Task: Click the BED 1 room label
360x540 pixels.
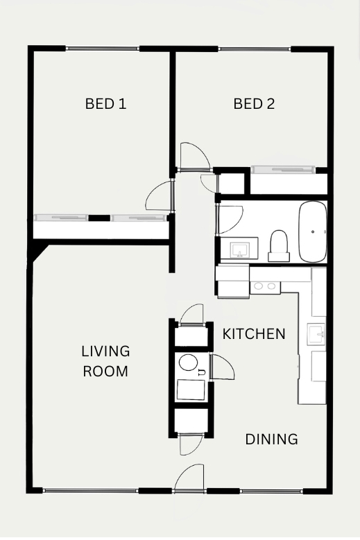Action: point(105,104)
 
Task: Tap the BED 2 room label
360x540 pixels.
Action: point(255,104)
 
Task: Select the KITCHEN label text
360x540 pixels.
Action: point(254,333)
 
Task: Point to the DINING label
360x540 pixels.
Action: point(271,439)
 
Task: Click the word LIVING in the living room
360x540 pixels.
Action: point(105,351)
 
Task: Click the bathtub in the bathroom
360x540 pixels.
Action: point(312,232)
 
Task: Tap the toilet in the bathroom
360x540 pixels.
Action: point(279,246)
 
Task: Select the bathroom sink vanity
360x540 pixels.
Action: point(239,248)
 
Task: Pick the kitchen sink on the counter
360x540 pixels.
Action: point(316,334)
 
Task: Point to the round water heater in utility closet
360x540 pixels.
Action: point(189,363)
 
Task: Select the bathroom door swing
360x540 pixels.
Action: point(230,219)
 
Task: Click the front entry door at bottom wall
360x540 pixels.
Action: point(189,478)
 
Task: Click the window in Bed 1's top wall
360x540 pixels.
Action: point(103,49)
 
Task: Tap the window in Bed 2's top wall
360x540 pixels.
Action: point(255,49)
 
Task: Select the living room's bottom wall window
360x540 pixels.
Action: point(91,491)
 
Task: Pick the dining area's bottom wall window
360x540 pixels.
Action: point(271,491)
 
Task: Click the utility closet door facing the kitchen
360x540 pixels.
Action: point(222,367)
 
